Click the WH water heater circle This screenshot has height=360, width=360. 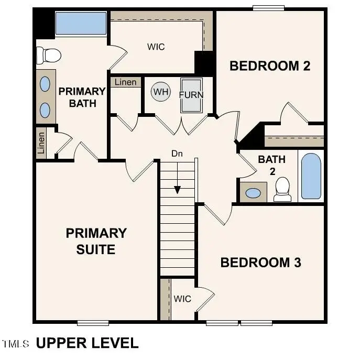coord(161,93)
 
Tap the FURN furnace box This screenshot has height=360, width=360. coord(191,95)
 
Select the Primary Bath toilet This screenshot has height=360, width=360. coord(48,54)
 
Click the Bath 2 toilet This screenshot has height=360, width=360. coord(282,189)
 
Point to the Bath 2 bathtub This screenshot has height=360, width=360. coord(311,176)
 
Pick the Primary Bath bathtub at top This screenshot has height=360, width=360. coord(81,23)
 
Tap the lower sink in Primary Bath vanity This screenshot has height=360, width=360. coord(46,110)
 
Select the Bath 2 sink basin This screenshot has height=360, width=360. coord(253,193)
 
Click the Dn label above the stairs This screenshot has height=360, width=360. coord(177,154)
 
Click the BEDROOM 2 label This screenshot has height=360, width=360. coord(270,66)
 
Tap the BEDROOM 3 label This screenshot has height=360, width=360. coord(260,263)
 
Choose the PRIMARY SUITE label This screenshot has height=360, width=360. coord(96,241)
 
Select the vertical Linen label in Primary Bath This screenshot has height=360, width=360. coord(41,143)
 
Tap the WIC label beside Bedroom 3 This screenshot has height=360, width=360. coord(182,299)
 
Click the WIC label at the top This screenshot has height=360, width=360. coord(156,47)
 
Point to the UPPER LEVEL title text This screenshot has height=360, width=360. coord(86,343)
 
